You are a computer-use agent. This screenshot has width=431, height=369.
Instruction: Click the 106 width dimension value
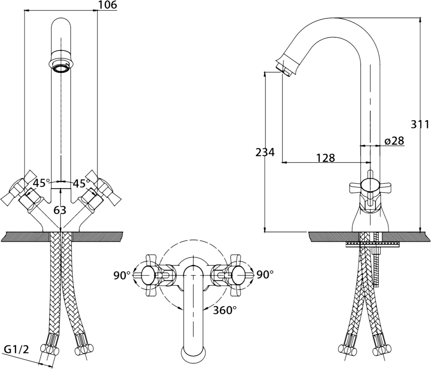(x=108, y=5)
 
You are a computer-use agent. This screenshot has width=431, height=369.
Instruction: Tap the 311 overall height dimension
(x=420, y=125)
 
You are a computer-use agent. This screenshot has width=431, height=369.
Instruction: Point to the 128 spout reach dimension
(x=326, y=158)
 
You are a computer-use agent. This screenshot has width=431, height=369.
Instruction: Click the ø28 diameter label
(x=395, y=141)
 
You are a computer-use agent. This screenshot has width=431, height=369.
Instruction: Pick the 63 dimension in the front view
(x=60, y=210)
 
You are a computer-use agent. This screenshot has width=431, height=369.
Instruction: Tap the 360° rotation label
(x=225, y=310)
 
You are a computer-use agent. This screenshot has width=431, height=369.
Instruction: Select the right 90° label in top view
(x=265, y=275)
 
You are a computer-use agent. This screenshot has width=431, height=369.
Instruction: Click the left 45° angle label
(x=42, y=183)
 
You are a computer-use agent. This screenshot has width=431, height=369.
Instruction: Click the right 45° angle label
(x=81, y=183)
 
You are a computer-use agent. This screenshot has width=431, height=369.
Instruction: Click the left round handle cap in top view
(x=149, y=275)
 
